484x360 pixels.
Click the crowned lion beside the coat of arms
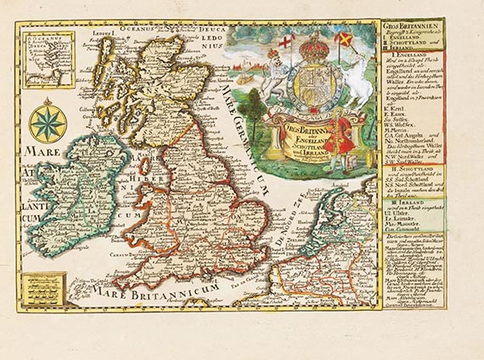click(276, 76)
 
